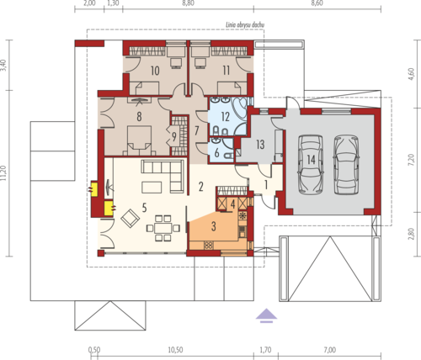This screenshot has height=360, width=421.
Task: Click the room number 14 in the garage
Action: (311, 160)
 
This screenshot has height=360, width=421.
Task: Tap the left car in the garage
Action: (311, 165)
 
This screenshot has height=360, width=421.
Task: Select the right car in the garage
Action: (346, 165)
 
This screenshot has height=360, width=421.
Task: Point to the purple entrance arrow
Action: (266, 315)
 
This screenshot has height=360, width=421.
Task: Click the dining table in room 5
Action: (163, 228)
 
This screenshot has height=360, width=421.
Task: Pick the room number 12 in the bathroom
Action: (226, 117)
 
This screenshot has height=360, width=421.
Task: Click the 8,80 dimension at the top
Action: (188, 3)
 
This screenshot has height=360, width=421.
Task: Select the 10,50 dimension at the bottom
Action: (175, 350)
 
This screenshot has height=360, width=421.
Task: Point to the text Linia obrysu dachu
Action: (245, 25)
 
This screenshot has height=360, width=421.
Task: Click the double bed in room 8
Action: (139, 140)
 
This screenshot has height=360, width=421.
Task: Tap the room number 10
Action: (155, 71)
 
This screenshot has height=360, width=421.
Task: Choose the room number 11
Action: (226, 70)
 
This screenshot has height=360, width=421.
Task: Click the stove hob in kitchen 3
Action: (208, 246)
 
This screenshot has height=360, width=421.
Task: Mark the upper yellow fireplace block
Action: (93, 189)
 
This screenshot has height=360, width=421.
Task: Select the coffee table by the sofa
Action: (152, 188)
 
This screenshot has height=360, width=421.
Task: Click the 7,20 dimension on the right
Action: (411, 160)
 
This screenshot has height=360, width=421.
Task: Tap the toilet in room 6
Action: (227, 155)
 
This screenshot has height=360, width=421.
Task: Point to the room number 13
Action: (260, 145)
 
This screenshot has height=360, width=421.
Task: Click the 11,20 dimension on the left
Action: (3, 173)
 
